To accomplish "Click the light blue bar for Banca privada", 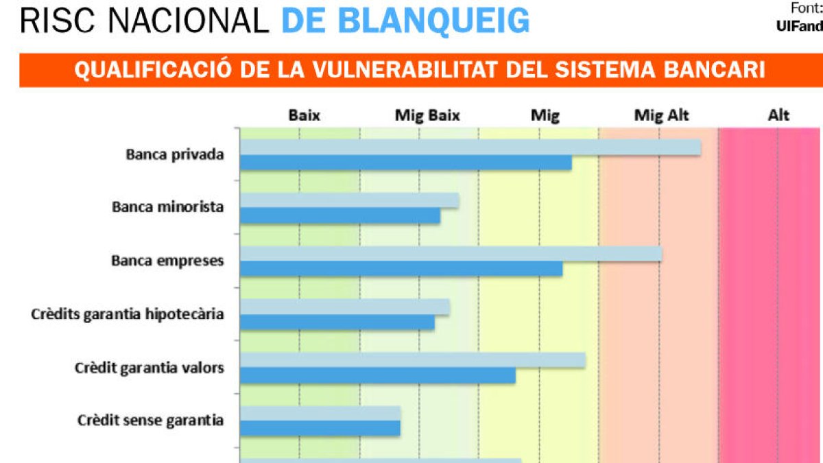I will coord(470,147).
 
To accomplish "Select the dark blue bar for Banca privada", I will coord(406,163).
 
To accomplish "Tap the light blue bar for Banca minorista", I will coord(349,200).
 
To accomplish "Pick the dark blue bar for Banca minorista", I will coord(340,215).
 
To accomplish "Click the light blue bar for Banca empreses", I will coord(451,254).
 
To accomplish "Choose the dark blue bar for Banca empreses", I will coord(401,269).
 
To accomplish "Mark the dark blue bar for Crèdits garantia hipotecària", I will coord(337,322).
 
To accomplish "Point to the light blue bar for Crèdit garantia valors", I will coord(413,361).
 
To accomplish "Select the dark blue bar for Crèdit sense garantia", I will coord(320,428).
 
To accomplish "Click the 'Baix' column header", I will coord(304,115).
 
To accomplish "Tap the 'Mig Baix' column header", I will coord(427,115).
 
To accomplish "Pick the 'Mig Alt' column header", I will coord(661,115).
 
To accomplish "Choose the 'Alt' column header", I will coord(778,115).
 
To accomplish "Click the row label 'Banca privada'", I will coord(175,154).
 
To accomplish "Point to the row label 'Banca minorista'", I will coord(167,206).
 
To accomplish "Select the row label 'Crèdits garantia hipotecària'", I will coord(128,314).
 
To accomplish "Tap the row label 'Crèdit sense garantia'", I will coord(150,420).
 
